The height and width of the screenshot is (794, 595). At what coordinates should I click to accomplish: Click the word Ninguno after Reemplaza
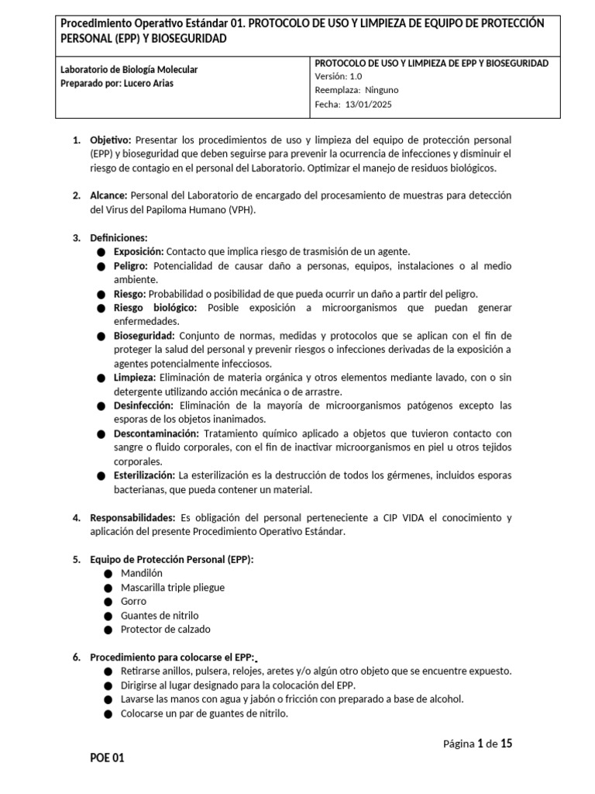[382, 91]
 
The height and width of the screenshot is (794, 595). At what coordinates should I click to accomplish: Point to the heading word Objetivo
[111, 140]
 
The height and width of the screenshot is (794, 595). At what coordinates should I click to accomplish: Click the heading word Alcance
[109, 196]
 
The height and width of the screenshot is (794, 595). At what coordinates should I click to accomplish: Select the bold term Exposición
[139, 252]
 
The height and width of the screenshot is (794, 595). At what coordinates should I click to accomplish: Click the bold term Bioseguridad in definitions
[145, 336]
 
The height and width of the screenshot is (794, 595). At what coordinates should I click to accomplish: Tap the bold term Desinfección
[144, 406]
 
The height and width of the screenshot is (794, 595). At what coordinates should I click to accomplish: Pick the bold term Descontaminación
[156, 433]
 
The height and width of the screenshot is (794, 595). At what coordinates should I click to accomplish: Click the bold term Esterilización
[144, 475]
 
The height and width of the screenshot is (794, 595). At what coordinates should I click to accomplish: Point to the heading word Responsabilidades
[132, 517]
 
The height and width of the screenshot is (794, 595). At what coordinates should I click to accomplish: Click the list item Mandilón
[143, 573]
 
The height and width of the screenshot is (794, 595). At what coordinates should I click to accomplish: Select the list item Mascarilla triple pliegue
[173, 587]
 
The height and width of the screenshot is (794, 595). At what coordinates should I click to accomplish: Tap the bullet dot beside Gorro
[108, 602]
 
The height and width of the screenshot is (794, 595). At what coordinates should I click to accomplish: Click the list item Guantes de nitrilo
[160, 615]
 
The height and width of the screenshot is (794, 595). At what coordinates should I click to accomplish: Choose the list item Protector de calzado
[166, 629]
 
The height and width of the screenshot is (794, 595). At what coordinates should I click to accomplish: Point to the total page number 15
[507, 744]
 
